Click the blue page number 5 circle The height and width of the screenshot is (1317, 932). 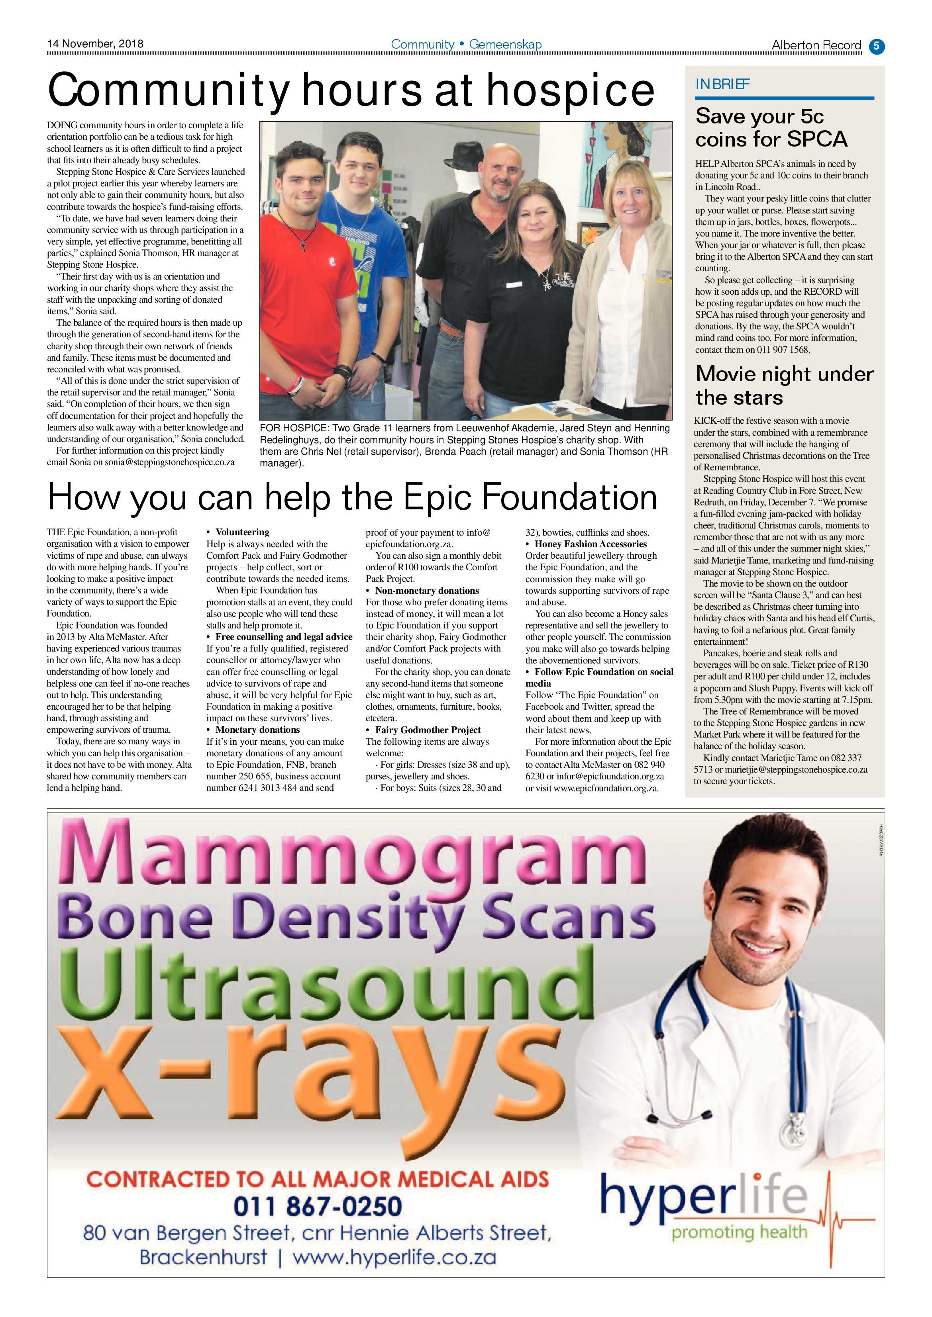click(876, 45)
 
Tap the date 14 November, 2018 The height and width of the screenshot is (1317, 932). click(95, 43)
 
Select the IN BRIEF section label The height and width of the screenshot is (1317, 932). click(722, 85)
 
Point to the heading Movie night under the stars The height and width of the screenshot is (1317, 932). click(784, 386)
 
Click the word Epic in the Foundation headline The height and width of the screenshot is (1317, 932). click(439, 497)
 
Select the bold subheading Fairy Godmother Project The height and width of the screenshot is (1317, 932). click(428, 730)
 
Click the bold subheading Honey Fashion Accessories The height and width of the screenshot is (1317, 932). click(591, 544)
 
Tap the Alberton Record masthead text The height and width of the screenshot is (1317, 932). click(816, 45)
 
